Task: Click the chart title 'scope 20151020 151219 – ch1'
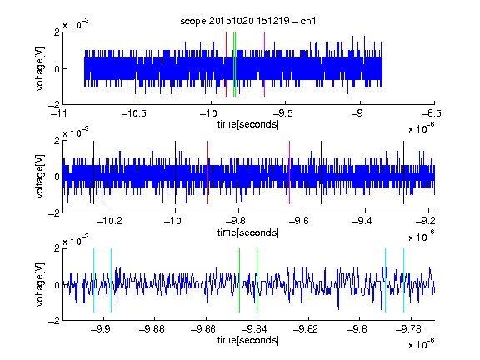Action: click(247, 21)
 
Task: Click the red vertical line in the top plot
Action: click(226, 65)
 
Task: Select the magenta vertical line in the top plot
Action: click(264, 65)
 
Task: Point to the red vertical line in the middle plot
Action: click(207, 172)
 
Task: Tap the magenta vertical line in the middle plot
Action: click(290, 172)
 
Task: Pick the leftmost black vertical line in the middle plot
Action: click(93, 172)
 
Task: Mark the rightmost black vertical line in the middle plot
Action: click(403, 172)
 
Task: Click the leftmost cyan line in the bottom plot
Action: click(93, 280)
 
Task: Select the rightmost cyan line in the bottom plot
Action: click(403, 280)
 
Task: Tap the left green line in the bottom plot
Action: click(239, 280)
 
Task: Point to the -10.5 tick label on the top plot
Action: click(134, 113)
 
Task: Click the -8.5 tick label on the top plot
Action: click(432, 113)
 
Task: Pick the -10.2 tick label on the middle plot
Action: click(109, 221)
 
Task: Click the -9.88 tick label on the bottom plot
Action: click(152, 329)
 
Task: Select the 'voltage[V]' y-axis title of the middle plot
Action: click(40, 177)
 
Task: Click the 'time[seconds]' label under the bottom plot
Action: click(248, 340)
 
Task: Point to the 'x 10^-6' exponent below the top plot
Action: click(422, 127)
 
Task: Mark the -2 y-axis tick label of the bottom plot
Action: click(54, 320)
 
